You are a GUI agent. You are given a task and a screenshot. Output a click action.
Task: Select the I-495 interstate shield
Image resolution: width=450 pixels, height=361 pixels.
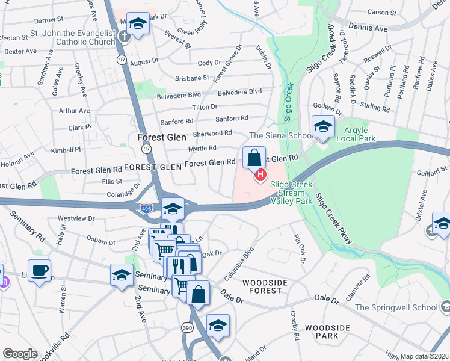(x=146, y=208)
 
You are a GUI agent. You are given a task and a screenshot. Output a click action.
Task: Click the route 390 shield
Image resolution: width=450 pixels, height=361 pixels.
(x=187, y=327)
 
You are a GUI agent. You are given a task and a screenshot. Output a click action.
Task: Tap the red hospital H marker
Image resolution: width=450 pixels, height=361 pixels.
(x=260, y=175)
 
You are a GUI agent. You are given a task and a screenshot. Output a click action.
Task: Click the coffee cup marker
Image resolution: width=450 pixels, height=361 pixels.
(x=39, y=271)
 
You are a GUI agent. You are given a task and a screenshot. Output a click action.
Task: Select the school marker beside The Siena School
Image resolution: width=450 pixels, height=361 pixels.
(x=323, y=127)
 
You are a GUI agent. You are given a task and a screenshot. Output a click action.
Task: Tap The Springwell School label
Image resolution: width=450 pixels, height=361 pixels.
(x=396, y=307)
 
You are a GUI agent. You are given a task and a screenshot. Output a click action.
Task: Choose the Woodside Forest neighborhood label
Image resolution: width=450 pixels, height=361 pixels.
(x=262, y=286)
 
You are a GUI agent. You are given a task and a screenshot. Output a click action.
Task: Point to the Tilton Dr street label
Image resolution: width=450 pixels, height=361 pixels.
(x=205, y=106)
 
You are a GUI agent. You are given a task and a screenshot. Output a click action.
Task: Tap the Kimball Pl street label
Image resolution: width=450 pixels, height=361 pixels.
(x=66, y=149)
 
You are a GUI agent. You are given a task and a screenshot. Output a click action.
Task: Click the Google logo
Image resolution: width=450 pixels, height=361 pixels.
(x=20, y=354)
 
